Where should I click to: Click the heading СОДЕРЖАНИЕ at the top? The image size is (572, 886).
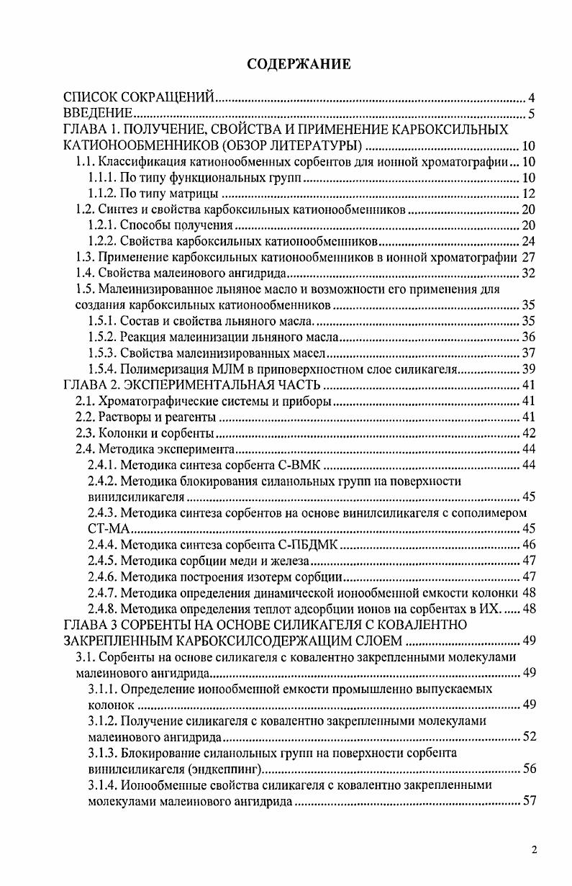pyautogui.click(x=299, y=65)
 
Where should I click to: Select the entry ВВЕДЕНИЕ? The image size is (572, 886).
pyautogui.click(x=98, y=114)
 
